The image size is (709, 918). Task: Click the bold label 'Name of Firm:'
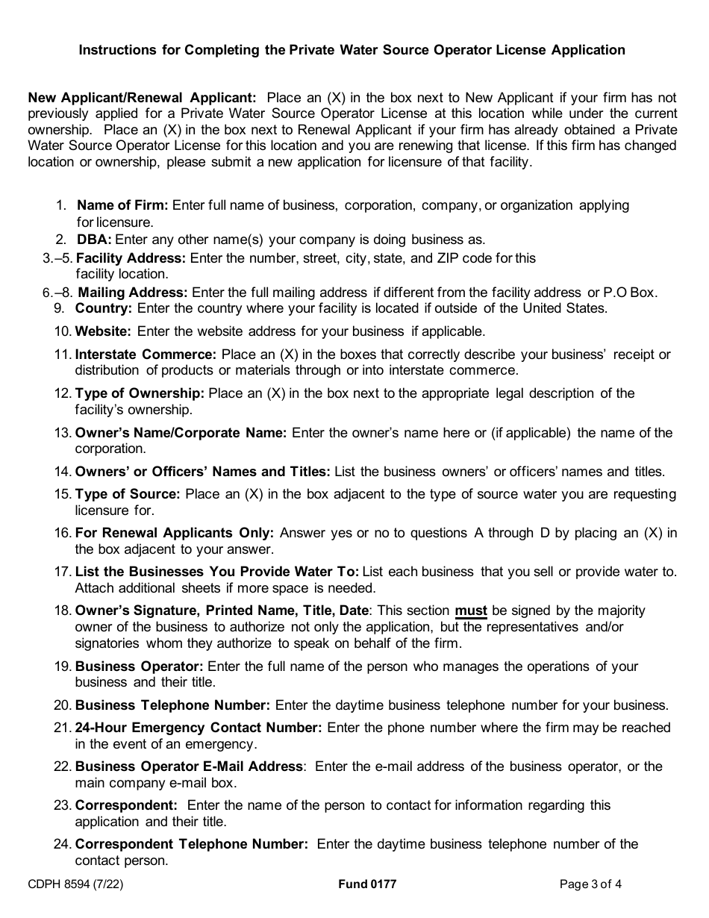[122, 205]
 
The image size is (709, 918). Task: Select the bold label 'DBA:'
[94, 240]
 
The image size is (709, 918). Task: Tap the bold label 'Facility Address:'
[131, 257]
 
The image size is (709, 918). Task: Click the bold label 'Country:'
[104, 307]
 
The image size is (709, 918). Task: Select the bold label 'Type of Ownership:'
[140, 393]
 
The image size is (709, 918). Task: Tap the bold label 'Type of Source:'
[128, 494]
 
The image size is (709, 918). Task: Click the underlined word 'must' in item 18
[471, 611]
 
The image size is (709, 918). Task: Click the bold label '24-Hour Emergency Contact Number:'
[199, 728]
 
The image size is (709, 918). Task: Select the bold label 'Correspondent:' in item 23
[126, 805]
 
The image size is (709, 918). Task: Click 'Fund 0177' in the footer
[367, 884]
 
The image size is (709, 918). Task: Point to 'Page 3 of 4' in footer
[590, 884]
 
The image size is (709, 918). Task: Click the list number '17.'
[63, 572]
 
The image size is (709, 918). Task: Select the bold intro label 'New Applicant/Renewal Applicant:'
[142, 98]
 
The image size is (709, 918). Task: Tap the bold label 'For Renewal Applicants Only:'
[175, 533]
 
